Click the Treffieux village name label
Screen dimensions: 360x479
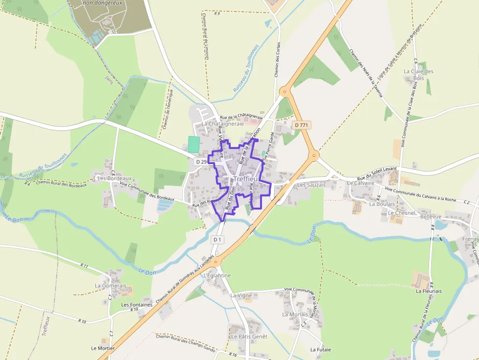pyautogui.click(x=247, y=179)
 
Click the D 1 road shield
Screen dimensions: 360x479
pyautogui.click(x=218, y=239)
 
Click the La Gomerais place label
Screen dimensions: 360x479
pyautogui.click(x=110, y=286)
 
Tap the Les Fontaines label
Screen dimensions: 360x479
pyautogui.click(x=137, y=305)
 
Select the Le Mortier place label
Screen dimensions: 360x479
pyautogui.click(x=103, y=348)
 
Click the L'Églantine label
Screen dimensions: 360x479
pyautogui.click(x=217, y=275)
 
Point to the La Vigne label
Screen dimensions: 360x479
pyautogui.click(x=241, y=296)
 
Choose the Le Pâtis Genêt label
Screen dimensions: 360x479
pyautogui.click(x=249, y=337)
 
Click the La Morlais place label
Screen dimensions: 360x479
pyautogui.click(x=295, y=315)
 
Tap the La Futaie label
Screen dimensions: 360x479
pyautogui.click(x=321, y=350)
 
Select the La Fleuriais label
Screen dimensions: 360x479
pyautogui.click(x=429, y=291)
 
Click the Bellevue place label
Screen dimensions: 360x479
pyautogui.click(x=431, y=216)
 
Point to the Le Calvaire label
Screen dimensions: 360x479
pyautogui.click(x=360, y=183)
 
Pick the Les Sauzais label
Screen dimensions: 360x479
pyautogui.click(x=311, y=185)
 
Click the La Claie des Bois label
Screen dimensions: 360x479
pyautogui.click(x=418, y=75)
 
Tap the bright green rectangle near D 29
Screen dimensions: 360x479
pyautogui.click(x=194, y=144)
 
